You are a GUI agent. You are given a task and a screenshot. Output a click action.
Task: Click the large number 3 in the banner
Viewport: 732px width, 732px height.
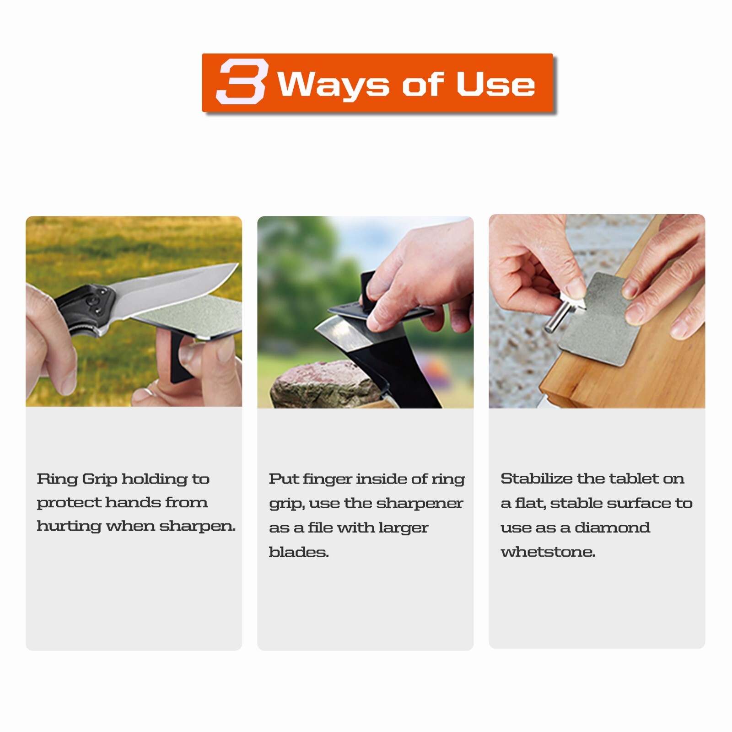click(242, 82)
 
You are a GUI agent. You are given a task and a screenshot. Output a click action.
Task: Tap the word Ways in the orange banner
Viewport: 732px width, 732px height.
click(333, 85)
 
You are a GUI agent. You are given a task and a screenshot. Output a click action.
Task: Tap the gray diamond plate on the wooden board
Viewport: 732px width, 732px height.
click(595, 320)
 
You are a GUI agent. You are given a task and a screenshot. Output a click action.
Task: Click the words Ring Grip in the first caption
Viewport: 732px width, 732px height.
click(77, 479)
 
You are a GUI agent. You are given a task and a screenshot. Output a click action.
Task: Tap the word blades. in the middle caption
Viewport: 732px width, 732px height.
click(298, 552)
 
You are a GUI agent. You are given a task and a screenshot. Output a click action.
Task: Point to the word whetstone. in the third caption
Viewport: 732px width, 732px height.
click(548, 552)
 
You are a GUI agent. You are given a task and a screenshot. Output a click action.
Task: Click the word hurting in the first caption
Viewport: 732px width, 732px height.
click(69, 526)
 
